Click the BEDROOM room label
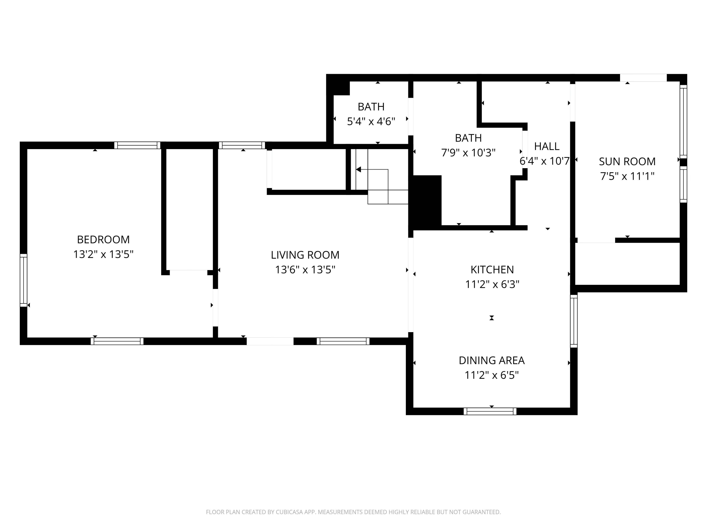[103, 239]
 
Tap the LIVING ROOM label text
[305, 255]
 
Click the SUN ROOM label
[627, 161]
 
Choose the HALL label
[547, 146]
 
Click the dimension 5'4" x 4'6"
[371, 121]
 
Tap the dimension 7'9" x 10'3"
[468, 153]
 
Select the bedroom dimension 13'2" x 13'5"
[103, 254]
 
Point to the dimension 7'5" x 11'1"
[627, 176]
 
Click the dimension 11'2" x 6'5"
[492, 375]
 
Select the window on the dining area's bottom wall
[490, 411]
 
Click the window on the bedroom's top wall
[137, 145]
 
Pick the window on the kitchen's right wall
[574, 321]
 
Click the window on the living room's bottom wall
[343, 341]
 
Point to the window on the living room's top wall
[242, 145]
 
